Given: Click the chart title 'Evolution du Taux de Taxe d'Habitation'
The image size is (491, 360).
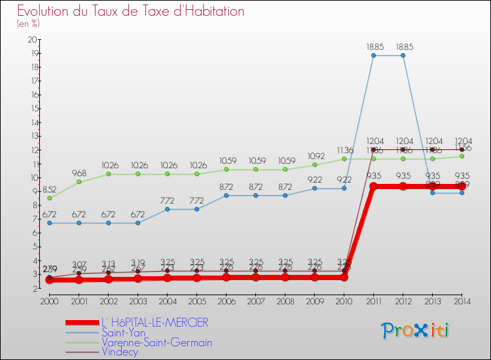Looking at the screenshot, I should [x=131, y=11].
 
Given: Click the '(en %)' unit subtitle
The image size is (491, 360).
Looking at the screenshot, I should [x=28, y=24].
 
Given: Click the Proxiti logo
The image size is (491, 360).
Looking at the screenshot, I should [x=416, y=331].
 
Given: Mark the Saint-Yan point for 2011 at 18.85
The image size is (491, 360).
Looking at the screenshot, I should [x=373, y=56].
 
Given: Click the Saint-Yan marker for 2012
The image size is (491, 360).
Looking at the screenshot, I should [x=403, y=56].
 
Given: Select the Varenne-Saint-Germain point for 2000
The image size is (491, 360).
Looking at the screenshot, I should [x=50, y=198].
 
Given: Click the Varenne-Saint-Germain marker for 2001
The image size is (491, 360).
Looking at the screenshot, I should [x=79, y=182].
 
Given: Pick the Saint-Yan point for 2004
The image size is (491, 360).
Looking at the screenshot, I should [x=167, y=209].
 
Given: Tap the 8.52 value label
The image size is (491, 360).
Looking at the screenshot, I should [x=50, y=189].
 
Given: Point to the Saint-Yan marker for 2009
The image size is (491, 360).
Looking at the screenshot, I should [x=314, y=189].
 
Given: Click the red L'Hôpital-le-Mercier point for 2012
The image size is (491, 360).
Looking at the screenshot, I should [x=403, y=187].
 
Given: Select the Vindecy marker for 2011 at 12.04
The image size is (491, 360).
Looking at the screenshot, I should [x=373, y=149].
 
